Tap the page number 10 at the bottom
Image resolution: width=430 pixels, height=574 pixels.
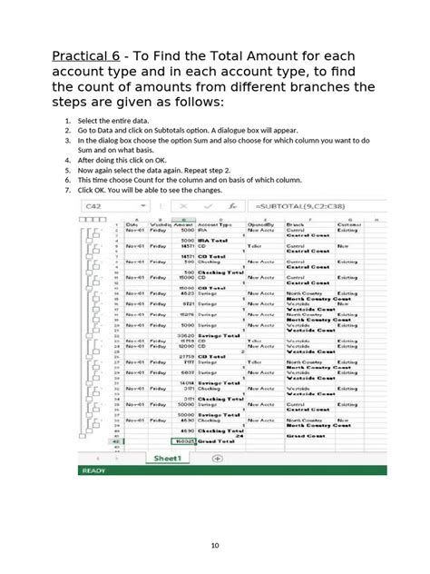215,545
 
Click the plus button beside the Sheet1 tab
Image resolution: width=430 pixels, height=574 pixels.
217,459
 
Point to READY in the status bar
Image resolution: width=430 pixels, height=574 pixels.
94,471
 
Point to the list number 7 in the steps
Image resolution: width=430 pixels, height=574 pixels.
67,191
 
